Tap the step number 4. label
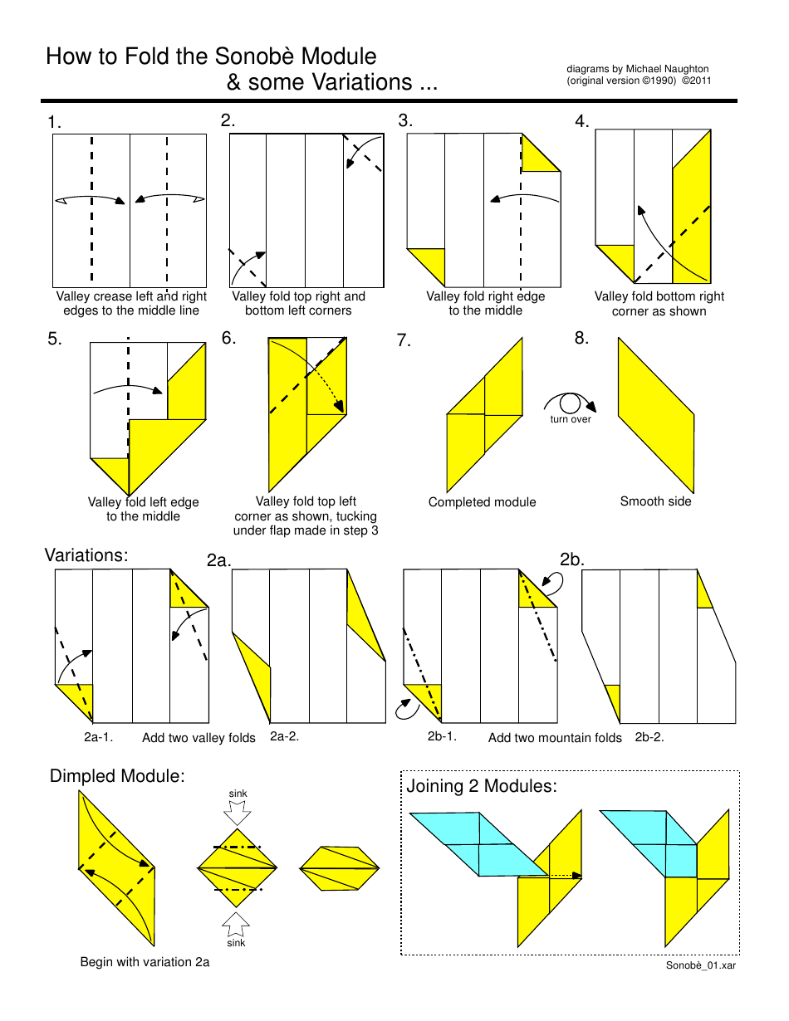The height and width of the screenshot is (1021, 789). [582, 122]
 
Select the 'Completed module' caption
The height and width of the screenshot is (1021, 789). [482, 502]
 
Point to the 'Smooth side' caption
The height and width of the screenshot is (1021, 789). [655, 501]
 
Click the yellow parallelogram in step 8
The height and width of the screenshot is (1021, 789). [655, 414]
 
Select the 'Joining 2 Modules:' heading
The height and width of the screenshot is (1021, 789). [481, 786]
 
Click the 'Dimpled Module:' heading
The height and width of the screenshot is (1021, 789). [117, 776]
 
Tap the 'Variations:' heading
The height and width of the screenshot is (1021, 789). [86, 555]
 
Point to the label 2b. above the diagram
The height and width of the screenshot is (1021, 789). [572, 559]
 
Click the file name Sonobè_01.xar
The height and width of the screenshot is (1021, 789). [700, 965]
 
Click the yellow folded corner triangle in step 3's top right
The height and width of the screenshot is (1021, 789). [539, 156]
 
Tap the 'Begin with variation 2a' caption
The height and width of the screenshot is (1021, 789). [145, 962]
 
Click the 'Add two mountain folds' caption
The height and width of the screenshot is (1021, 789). [555, 738]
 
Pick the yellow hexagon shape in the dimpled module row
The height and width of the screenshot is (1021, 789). [339, 869]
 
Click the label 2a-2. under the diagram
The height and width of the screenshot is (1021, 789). [284, 736]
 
